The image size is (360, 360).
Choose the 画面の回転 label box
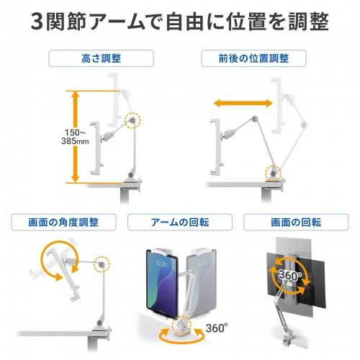coord(295,220)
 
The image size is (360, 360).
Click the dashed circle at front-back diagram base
coord(274,171)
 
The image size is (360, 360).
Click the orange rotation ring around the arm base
coord(177,333)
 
